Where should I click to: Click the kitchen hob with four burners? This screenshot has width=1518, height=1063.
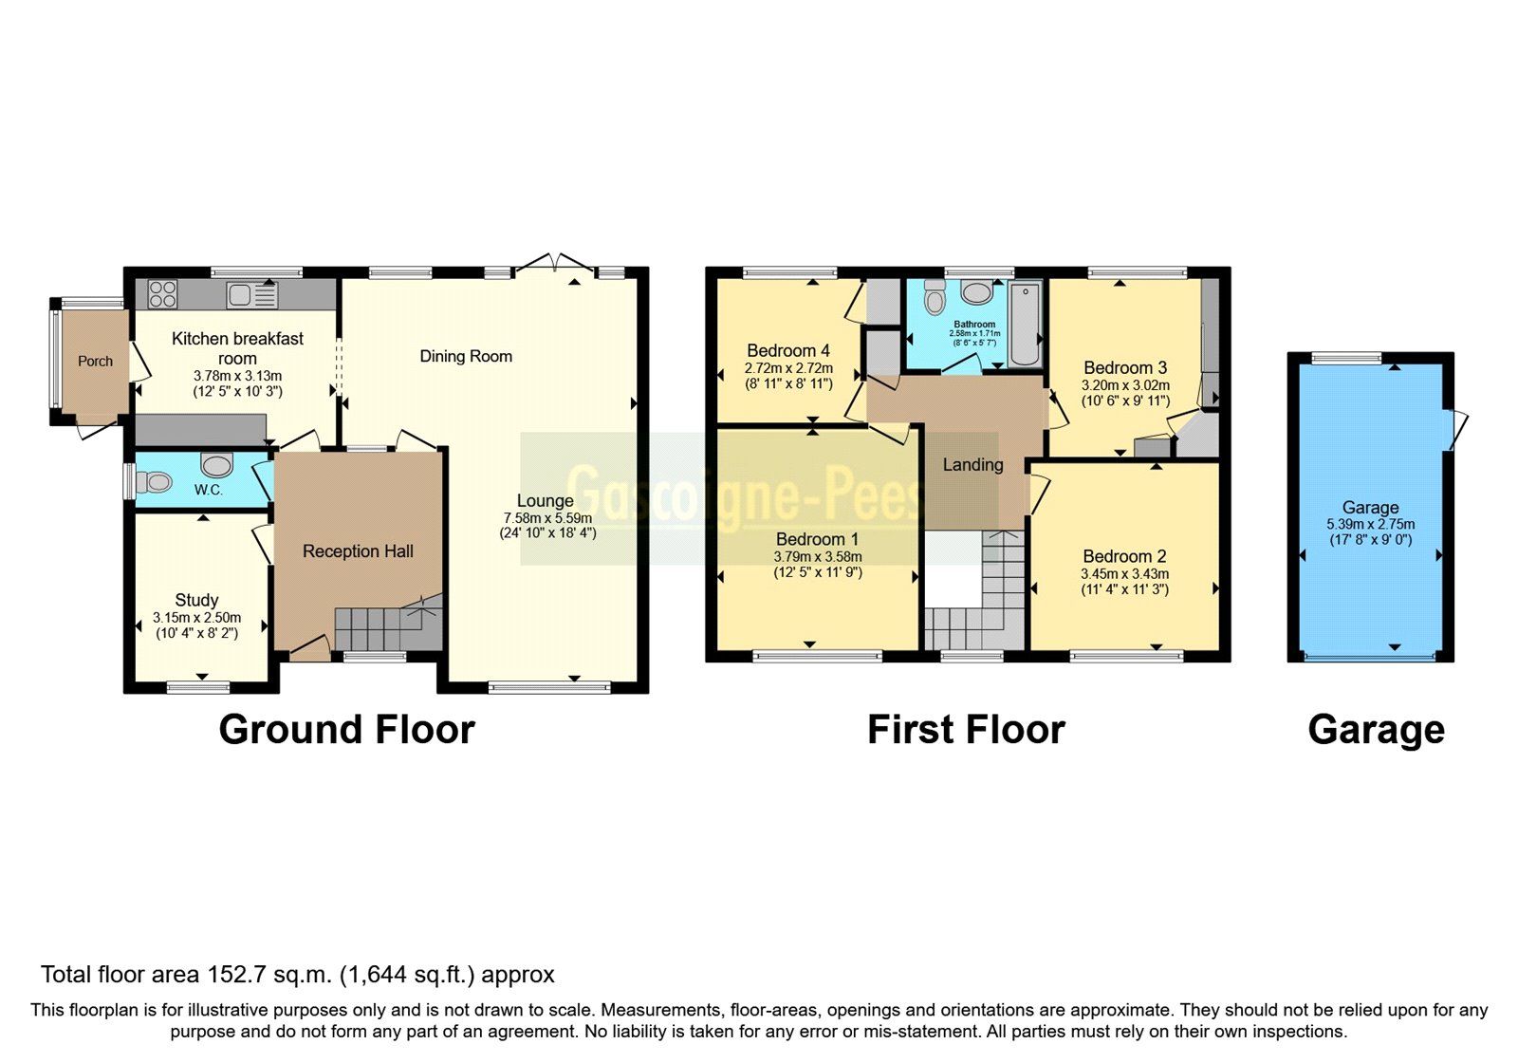[162, 294]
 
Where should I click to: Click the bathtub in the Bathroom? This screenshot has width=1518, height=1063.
[1025, 326]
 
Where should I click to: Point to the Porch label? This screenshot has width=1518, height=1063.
[95, 361]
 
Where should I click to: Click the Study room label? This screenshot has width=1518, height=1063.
[196, 600]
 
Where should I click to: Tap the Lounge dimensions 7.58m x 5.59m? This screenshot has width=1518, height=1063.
[547, 518]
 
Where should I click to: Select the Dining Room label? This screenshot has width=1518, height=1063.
[466, 356]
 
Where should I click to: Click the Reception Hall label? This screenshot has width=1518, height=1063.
[358, 551]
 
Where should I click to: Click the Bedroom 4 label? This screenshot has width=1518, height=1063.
[788, 350]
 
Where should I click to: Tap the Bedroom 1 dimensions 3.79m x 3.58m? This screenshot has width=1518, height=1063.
[817, 557]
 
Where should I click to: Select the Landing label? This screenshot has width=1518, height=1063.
[972, 464]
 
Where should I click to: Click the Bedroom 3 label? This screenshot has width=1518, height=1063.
[1125, 367]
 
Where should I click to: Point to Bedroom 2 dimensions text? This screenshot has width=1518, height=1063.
[1124, 574]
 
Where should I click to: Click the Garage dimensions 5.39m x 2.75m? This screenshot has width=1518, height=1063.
[1370, 524]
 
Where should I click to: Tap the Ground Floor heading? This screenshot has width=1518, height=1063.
[346, 730]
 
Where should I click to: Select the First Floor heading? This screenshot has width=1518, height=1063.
[966, 730]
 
